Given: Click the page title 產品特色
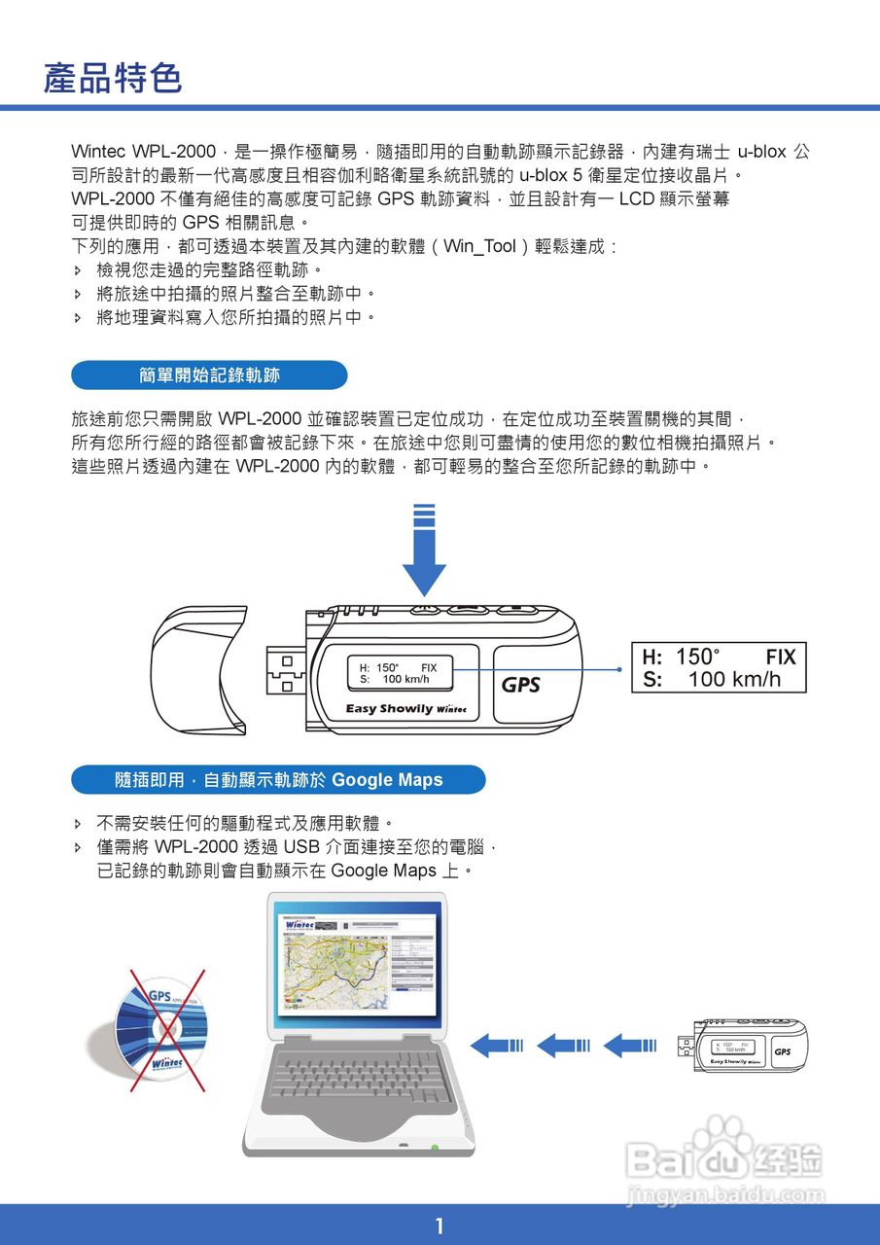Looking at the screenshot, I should (x=113, y=79).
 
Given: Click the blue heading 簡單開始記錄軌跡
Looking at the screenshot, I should (x=209, y=374).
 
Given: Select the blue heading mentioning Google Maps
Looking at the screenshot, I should (x=278, y=779).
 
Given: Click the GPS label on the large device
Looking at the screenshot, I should (x=520, y=685).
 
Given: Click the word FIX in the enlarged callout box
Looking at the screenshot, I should (x=780, y=658).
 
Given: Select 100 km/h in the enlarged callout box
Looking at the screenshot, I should (x=734, y=680).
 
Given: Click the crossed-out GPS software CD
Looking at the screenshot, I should (x=161, y=1030).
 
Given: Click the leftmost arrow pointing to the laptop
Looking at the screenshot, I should (x=497, y=1046).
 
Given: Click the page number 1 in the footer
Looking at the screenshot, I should (x=440, y=1225).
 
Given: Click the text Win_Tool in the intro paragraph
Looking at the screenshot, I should (x=479, y=246).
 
